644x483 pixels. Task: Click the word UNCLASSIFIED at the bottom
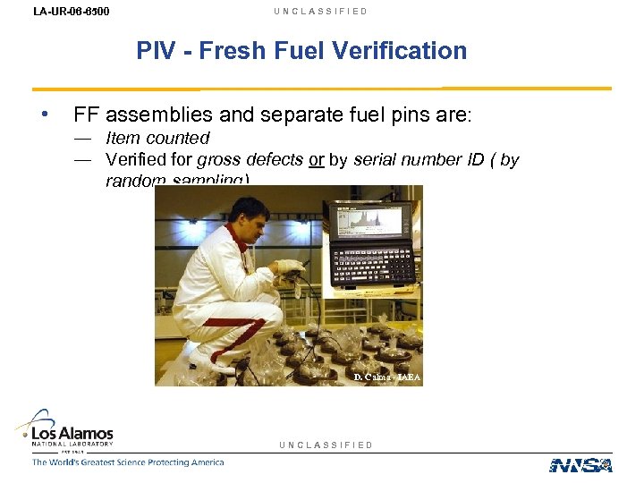coord(326,445)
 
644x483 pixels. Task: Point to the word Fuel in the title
coord(300,51)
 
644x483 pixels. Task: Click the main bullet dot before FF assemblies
coord(43,114)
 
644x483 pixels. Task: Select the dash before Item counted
coord(83,138)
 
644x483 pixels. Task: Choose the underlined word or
coord(316,161)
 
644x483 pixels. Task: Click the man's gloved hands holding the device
coord(289,266)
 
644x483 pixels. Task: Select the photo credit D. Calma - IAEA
coord(386,377)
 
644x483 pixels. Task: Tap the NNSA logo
coord(580,465)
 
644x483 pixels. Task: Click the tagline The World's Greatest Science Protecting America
coord(128,462)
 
